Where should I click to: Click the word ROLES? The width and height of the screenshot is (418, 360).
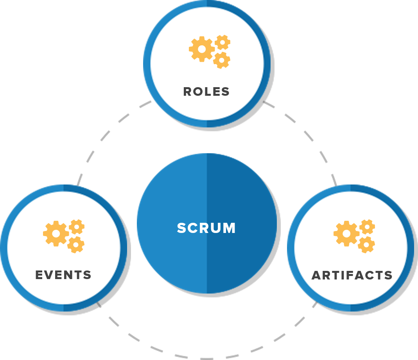206,92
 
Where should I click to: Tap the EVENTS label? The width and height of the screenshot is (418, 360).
63,275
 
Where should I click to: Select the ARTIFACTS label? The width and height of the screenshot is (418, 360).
352,276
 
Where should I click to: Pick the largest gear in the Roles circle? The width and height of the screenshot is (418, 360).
202,49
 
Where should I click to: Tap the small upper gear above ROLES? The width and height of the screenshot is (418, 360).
222,42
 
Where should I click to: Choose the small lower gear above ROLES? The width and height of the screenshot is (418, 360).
222,60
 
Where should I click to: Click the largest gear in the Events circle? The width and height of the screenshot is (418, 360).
56,234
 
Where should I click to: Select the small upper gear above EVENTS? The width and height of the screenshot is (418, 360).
77,227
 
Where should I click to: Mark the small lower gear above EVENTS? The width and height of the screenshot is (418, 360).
76,245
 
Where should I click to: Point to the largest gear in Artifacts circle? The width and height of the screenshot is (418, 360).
346,234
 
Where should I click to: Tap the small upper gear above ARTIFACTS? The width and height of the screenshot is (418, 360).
367,227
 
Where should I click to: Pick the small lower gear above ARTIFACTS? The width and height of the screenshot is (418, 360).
366,245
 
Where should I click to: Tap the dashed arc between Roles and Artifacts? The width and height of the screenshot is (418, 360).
309,135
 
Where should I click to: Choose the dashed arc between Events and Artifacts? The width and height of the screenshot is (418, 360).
206,357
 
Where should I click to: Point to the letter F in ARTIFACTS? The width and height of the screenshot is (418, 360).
350,276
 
